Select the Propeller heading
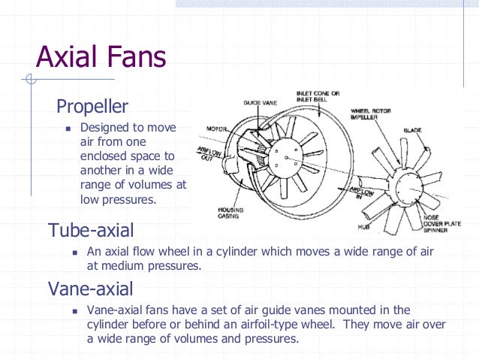tap(92, 106)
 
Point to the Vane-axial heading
tap(91, 288)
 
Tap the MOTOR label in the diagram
tap(217, 129)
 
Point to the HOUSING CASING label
tap(230, 213)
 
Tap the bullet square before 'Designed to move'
tap(67, 128)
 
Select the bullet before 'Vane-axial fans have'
tap(74, 310)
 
